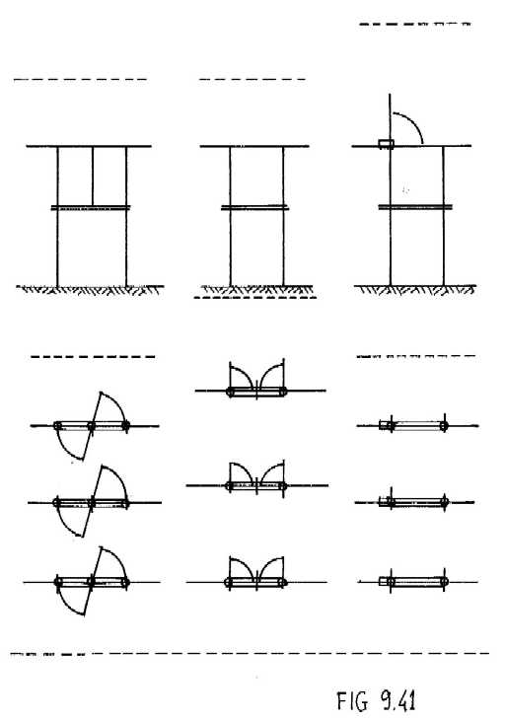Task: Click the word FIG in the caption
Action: [x=352, y=700]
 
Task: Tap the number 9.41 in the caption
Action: [x=397, y=700]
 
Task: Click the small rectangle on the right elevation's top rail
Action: [x=386, y=144]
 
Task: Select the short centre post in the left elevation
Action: [x=93, y=177]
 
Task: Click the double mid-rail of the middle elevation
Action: [x=254, y=207]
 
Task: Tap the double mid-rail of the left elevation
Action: [x=91, y=208]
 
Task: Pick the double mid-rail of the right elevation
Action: [x=415, y=207]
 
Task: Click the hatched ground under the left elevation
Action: [x=90, y=290]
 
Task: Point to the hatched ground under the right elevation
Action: [x=415, y=289]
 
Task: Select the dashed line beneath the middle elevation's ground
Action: [x=255, y=298]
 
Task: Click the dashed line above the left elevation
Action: [x=80, y=80]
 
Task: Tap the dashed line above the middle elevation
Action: [x=252, y=80]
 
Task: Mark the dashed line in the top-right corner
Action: [x=414, y=24]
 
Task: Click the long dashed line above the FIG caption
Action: [x=250, y=653]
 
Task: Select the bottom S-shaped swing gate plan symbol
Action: [x=92, y=582]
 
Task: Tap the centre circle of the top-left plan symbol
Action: [x=91, y=426]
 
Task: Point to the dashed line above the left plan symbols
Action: [x=93, y=356]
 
